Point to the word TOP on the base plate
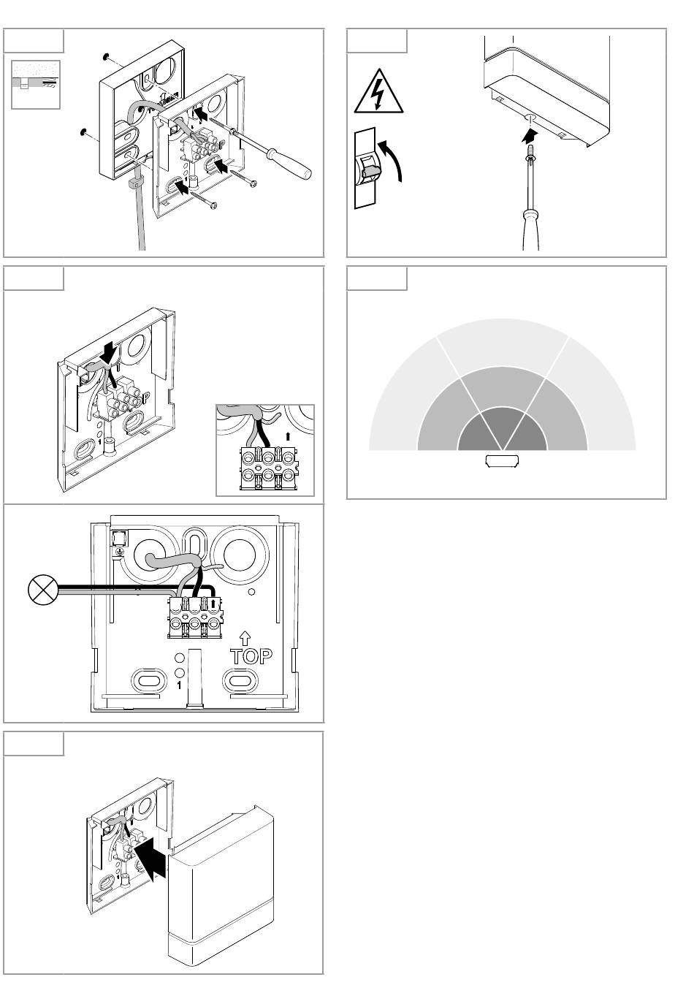(252, 655)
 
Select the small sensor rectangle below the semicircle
(502, 460)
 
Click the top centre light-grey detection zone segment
(503, 343)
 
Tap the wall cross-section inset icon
(36, 85)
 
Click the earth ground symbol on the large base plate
(116, 553)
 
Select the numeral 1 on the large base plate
(178, 685)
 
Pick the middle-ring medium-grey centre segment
(503, 387)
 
